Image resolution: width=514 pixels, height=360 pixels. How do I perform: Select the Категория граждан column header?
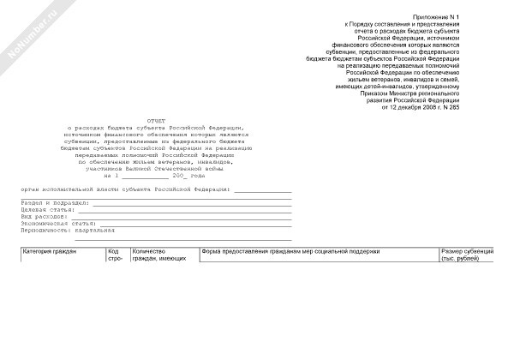tap(50, 251)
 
